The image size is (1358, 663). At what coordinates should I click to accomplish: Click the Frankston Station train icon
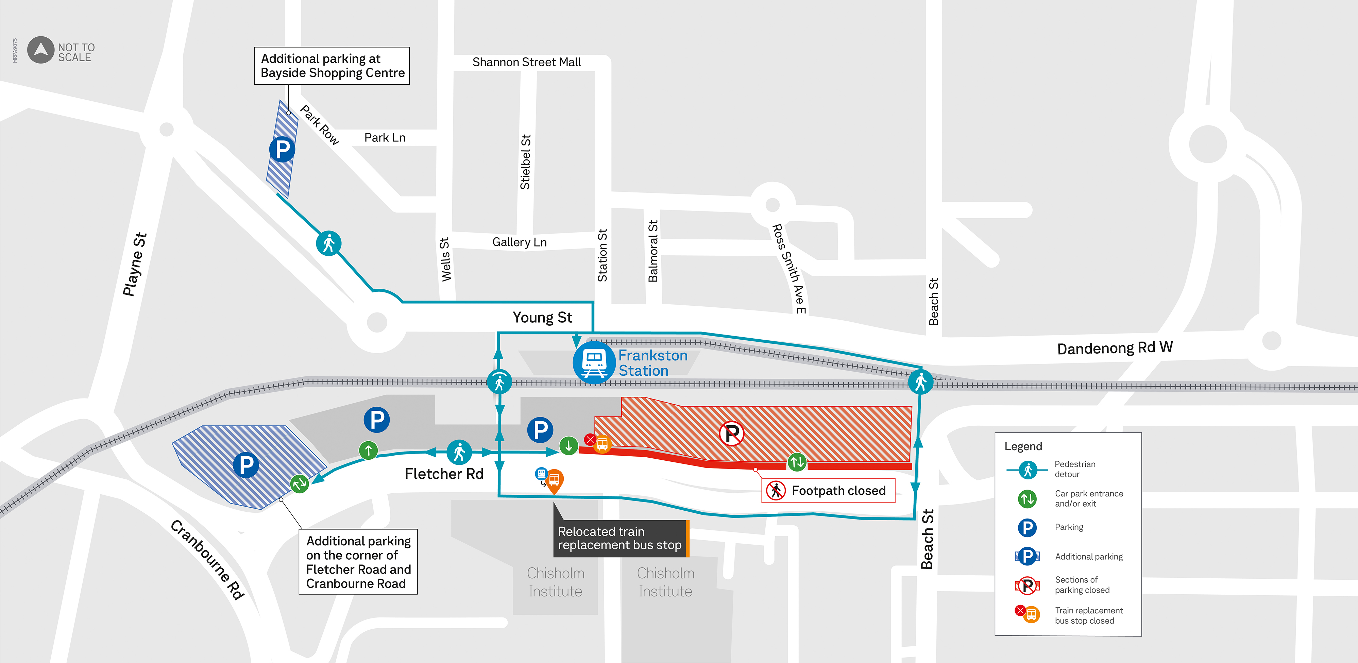594,362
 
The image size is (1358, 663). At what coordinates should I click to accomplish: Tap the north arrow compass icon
40,50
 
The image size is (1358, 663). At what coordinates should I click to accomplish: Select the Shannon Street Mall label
526,62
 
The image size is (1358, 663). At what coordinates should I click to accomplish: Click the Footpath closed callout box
828,491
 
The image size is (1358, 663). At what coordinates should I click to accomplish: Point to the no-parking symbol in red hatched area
732,434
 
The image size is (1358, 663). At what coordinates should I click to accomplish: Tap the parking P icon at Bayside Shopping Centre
282,150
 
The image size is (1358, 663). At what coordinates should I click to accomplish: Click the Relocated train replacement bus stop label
619,538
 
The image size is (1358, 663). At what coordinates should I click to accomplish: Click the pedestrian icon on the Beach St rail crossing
920,381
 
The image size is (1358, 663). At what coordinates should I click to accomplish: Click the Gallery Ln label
519,242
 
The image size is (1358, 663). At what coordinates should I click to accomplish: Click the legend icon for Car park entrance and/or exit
1027,498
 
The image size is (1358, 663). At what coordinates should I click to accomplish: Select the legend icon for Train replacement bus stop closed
1028,614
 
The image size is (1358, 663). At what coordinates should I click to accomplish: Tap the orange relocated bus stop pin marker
554,480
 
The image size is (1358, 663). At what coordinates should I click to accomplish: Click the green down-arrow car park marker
568,446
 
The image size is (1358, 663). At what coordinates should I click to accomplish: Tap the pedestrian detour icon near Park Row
328,243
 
